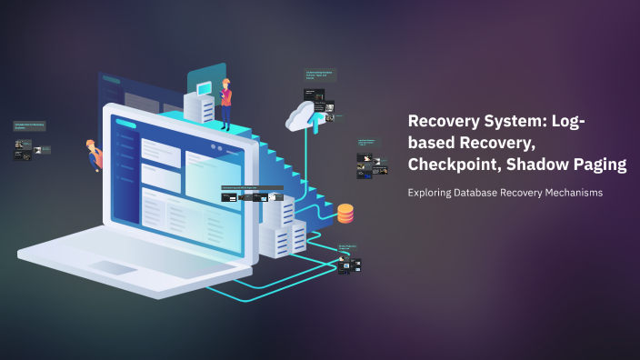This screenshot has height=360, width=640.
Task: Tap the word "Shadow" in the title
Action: tap(547, 165)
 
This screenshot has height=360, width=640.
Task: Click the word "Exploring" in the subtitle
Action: tap(433, 193)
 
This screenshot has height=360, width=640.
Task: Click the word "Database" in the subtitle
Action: tap(486, 193)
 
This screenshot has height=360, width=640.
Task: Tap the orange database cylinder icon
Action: tap(345, 214)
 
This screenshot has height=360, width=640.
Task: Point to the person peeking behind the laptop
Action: tap(93, 155)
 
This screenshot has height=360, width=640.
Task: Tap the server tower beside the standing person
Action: tap(200, 107)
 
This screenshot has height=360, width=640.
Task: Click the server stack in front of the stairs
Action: tap(284, 233)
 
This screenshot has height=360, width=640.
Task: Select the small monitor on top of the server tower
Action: tap(204, 87)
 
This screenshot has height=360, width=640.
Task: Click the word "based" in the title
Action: tap(435, 144)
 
